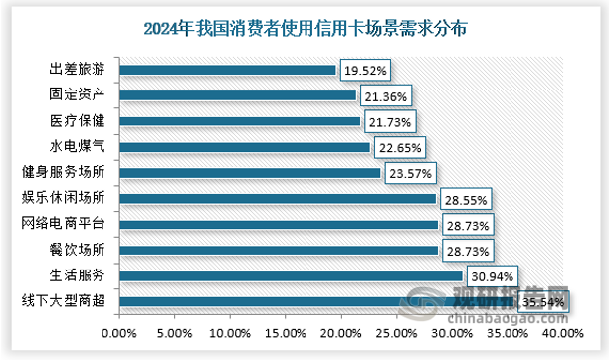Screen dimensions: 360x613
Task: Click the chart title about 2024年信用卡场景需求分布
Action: (306, 27)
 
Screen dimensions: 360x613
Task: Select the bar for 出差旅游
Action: (228, 71)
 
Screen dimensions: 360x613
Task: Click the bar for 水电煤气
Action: (245, 147)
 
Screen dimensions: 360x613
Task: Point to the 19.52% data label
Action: (365, 71)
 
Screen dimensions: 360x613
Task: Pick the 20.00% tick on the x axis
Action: (340, 333)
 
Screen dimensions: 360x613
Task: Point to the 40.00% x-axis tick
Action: (562, 333)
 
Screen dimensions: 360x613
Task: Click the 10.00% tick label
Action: (230, 333)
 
